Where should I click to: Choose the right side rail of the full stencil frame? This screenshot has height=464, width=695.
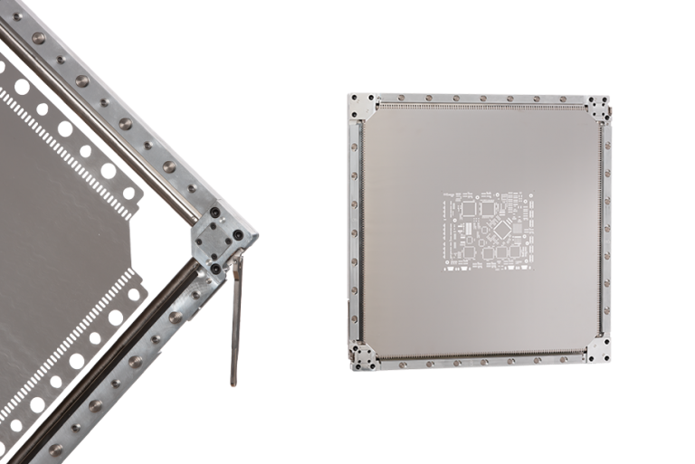pyautogui.click(x=606, y=231)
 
